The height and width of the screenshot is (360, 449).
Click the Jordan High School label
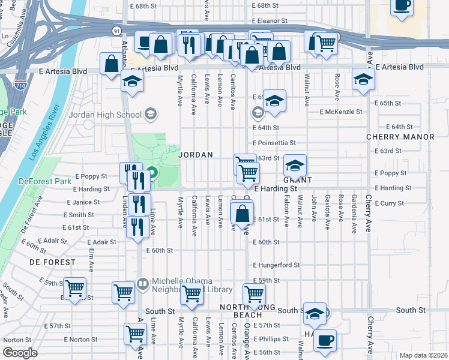tap(105, 115)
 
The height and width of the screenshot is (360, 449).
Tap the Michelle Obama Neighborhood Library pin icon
tap(142, 283)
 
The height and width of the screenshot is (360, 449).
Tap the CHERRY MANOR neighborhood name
tap(400, 137)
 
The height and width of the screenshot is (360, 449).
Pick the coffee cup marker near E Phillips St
tap(325, 340)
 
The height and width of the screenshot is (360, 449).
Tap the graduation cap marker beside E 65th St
tap(274, 101)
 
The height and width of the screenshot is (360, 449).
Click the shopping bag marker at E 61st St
tap(242, 214)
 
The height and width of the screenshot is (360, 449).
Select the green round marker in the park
tap(152, 174)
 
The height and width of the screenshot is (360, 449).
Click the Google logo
tap(20, 353)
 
